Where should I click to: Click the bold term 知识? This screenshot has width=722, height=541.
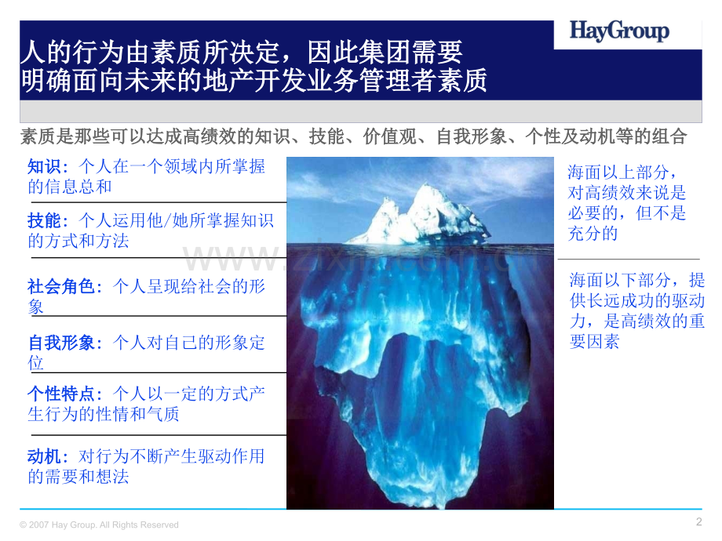[43, 167]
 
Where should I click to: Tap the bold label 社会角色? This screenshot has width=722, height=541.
[64, 287]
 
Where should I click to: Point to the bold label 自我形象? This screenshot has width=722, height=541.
[64, 343]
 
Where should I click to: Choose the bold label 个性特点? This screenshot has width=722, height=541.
[64, 394]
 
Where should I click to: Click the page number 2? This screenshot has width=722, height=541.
[698, 522]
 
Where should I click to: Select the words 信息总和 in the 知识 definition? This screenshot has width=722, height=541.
[78, 187]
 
